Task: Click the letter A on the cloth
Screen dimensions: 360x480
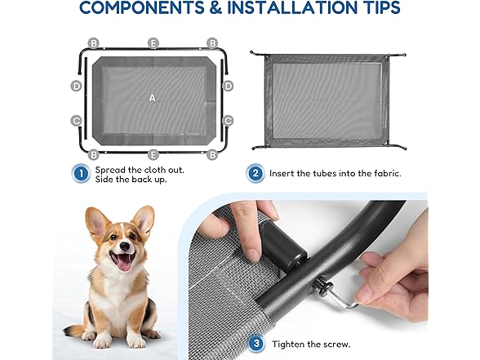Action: click(x=152, y=98)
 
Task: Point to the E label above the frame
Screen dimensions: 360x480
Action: click(x=153, y=42)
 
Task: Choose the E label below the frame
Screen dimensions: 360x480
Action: click(x=153, y=153)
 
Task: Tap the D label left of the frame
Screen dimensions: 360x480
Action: click(x=77, y=85)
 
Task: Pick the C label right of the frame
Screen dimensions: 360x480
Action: click(x=229, y=121)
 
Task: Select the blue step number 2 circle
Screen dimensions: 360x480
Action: click(x=254, y=173)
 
